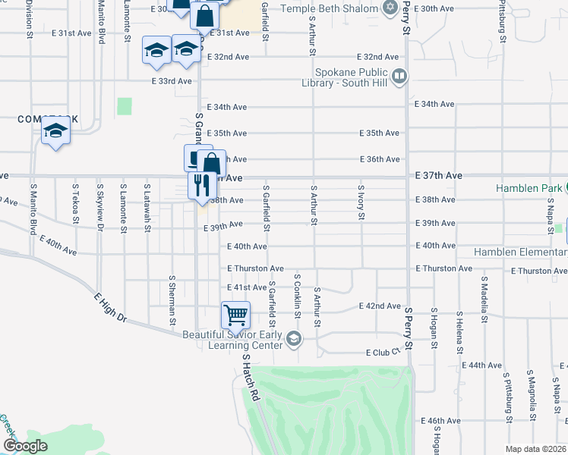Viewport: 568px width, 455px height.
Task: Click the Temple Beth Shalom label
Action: pos(330,8)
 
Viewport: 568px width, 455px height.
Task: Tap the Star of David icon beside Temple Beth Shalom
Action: pos(390,8)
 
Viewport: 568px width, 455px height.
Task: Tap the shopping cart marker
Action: pos(235,314)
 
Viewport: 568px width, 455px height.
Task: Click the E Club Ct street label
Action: pos(382,353)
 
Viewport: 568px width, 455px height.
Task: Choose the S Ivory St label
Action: pos(361,202)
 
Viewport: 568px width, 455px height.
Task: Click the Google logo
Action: pos(24,446)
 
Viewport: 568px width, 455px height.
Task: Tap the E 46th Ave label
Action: pos(441,420)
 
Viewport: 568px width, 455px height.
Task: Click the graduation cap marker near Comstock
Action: pos(55,132)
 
